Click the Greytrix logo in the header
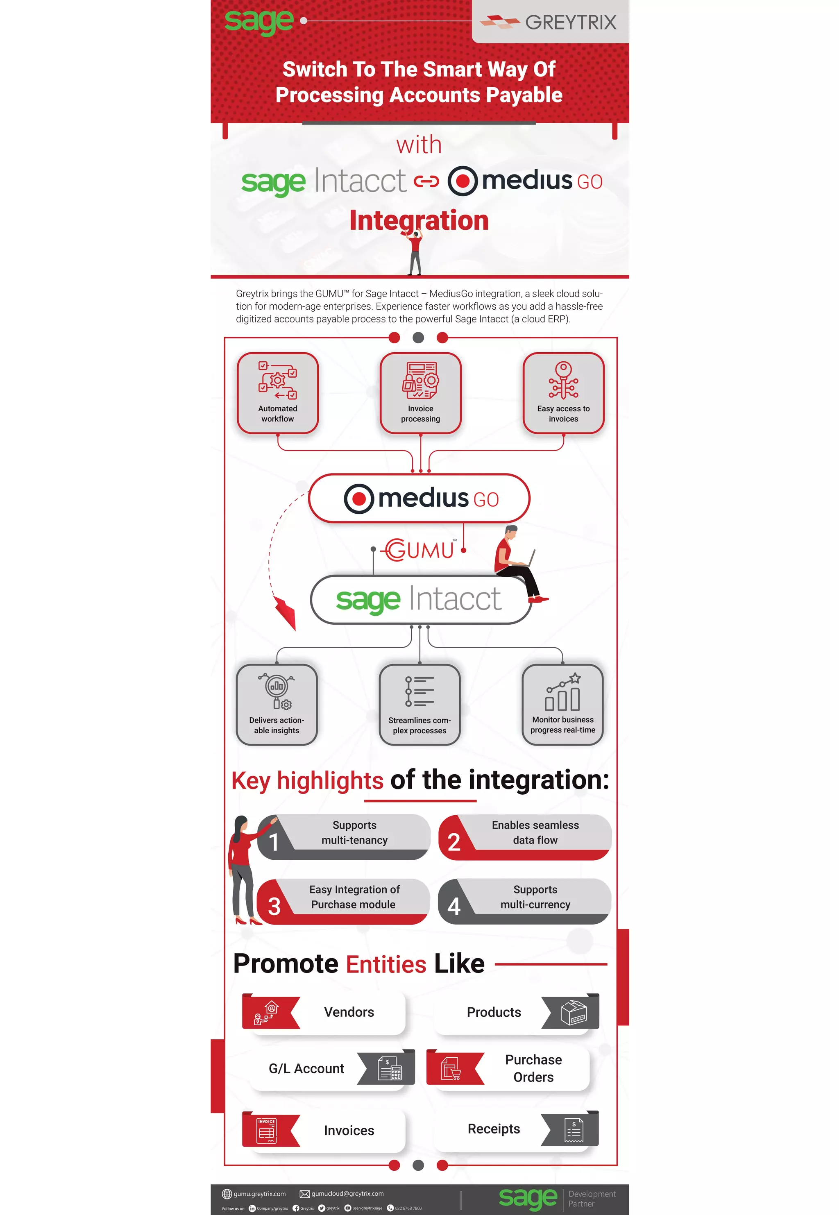(x=549, y=22)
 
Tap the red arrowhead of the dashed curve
(x=286, y=613)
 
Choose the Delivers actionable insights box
(x=277, y=705)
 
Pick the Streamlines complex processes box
(x=419, y=705)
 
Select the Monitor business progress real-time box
(x=562, y=705)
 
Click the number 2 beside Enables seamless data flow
(x=454, y=842)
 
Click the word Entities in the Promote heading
(x=386, y=964)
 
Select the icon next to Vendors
(x=266, y=1012)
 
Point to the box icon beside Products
(x=574, y=1012)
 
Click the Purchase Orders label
(x=533, y=1068)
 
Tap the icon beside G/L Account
(x=390, y=1068)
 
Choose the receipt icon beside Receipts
(x=574, y=1129)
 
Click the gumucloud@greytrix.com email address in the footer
(x=347, y=1193)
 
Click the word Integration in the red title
(x=419, y=220)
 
